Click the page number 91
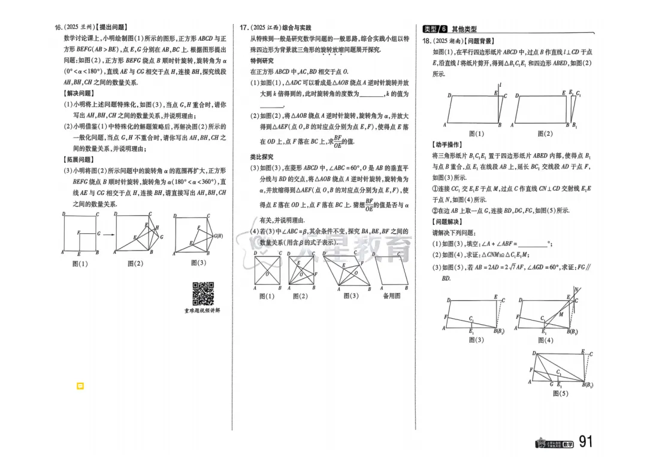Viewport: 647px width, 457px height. (x=585, y=442)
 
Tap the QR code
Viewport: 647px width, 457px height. (x=203, y=293)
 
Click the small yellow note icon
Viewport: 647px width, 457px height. (x=80, y=386)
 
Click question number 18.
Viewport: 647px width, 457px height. (x=427, y=41)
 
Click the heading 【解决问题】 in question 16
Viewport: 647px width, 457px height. (x=78, y=93)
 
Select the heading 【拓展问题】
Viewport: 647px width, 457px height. (x=78, y=160)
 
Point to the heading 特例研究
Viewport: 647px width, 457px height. (x=262, y=60)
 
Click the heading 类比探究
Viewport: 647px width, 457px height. (x=262, y=157)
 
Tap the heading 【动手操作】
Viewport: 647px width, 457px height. (x=447, y=145)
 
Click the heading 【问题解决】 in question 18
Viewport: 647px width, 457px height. (x=447, y=221)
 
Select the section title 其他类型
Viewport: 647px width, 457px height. (x=464, y=29)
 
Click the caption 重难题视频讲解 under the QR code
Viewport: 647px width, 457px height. (x=202, y=310)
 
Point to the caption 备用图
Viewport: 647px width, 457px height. (x=391, y=295)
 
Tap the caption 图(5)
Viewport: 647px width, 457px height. (x=560, y=394)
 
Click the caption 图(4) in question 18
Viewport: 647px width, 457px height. (x=545, y=340)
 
